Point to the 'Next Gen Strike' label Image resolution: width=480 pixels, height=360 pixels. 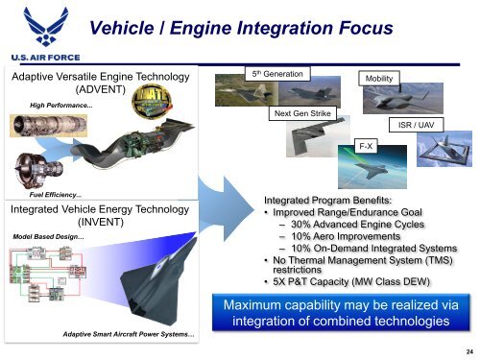(301, 114)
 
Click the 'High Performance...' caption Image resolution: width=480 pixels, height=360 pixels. (61, 105)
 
